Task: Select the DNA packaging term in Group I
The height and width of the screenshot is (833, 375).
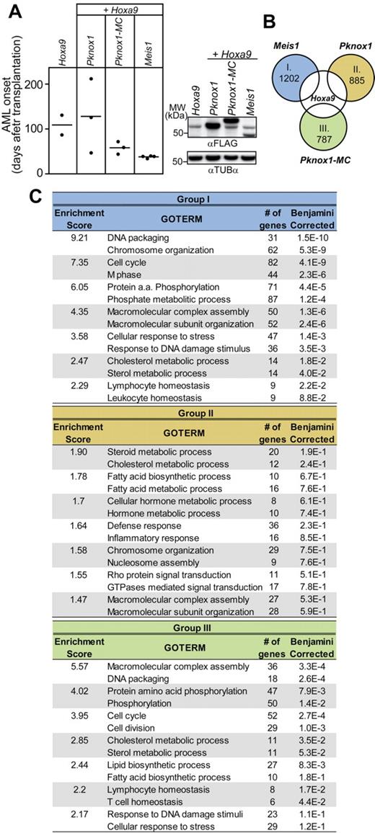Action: point(138,236)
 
